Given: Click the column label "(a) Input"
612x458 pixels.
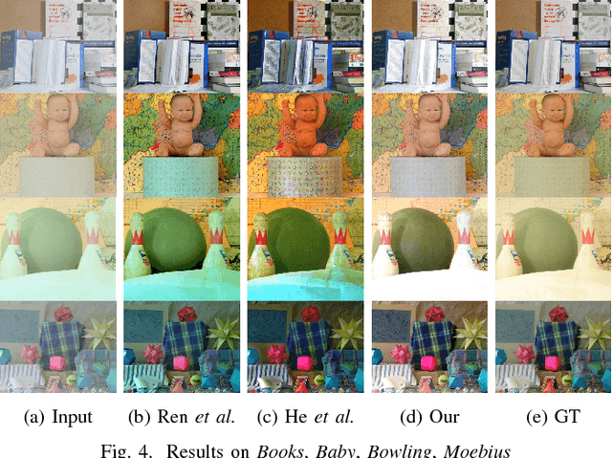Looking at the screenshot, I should click(x=59, y=417).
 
